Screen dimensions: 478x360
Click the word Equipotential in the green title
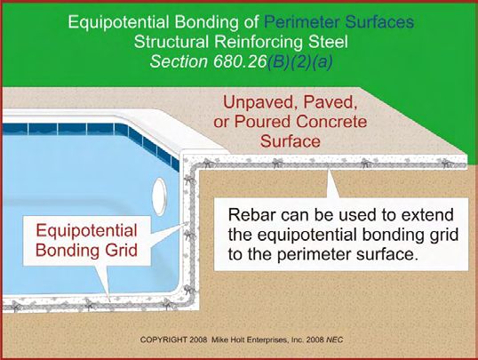pos(118,22)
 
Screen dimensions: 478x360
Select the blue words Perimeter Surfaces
pos(339,22)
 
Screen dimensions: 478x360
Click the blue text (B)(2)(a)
pos(299,62)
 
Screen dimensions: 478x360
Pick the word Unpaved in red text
pos(257,102)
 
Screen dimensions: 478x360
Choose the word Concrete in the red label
pos(331,122)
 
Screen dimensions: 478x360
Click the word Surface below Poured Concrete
pos(291,141)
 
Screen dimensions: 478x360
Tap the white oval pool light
pos(159,196)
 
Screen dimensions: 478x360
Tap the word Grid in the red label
pos(122,250)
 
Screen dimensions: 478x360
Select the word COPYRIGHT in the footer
pos(163,340)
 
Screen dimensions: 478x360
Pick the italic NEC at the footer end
pos(335,340)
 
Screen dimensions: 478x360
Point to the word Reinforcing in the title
pos(259,43)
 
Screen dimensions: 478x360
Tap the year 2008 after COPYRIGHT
pos(198,340)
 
